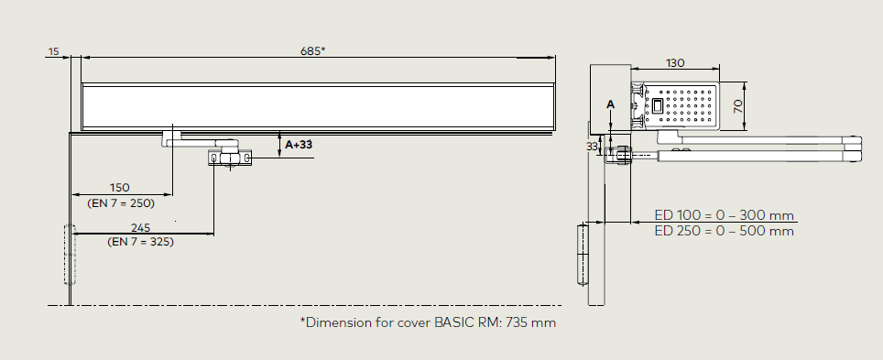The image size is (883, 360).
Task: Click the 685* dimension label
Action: click(312, 50)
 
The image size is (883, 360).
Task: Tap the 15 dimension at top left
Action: click(53, 52)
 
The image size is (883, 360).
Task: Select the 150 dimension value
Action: click(119, 187)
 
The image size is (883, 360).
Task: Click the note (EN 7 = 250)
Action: click(121, 202)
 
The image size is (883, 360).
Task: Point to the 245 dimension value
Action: click(140, 227)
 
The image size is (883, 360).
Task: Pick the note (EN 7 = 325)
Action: click(140, 242)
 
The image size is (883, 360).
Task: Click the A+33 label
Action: click(299, 145)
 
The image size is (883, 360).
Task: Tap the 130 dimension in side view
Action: click(675, 63)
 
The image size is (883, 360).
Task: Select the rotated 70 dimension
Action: click(738, 106)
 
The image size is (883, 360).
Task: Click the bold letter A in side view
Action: click(610, 104)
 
